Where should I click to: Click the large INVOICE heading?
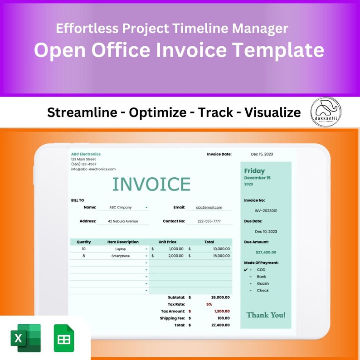(151, 184)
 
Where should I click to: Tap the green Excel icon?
(25, 338)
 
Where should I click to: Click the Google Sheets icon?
(63, 338)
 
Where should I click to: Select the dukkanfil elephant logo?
(326, 112)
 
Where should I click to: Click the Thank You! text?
(266, 315)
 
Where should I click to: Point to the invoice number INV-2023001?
(266, 210)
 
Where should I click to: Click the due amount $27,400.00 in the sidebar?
(266, 252)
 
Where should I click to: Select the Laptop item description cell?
(121, 249)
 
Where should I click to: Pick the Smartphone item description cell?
(121, 256)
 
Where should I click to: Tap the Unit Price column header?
(167, 242)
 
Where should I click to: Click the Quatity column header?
(84, 242)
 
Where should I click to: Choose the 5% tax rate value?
(209, 304)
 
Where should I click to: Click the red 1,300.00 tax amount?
(220, 311)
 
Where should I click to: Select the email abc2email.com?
(209, 207)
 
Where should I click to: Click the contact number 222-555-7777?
(209, 221)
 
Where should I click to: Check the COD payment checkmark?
(246, 270)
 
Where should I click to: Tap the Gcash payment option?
(263, 284)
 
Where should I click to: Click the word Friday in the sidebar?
(254, 171)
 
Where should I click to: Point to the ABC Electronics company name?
(86, 154)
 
